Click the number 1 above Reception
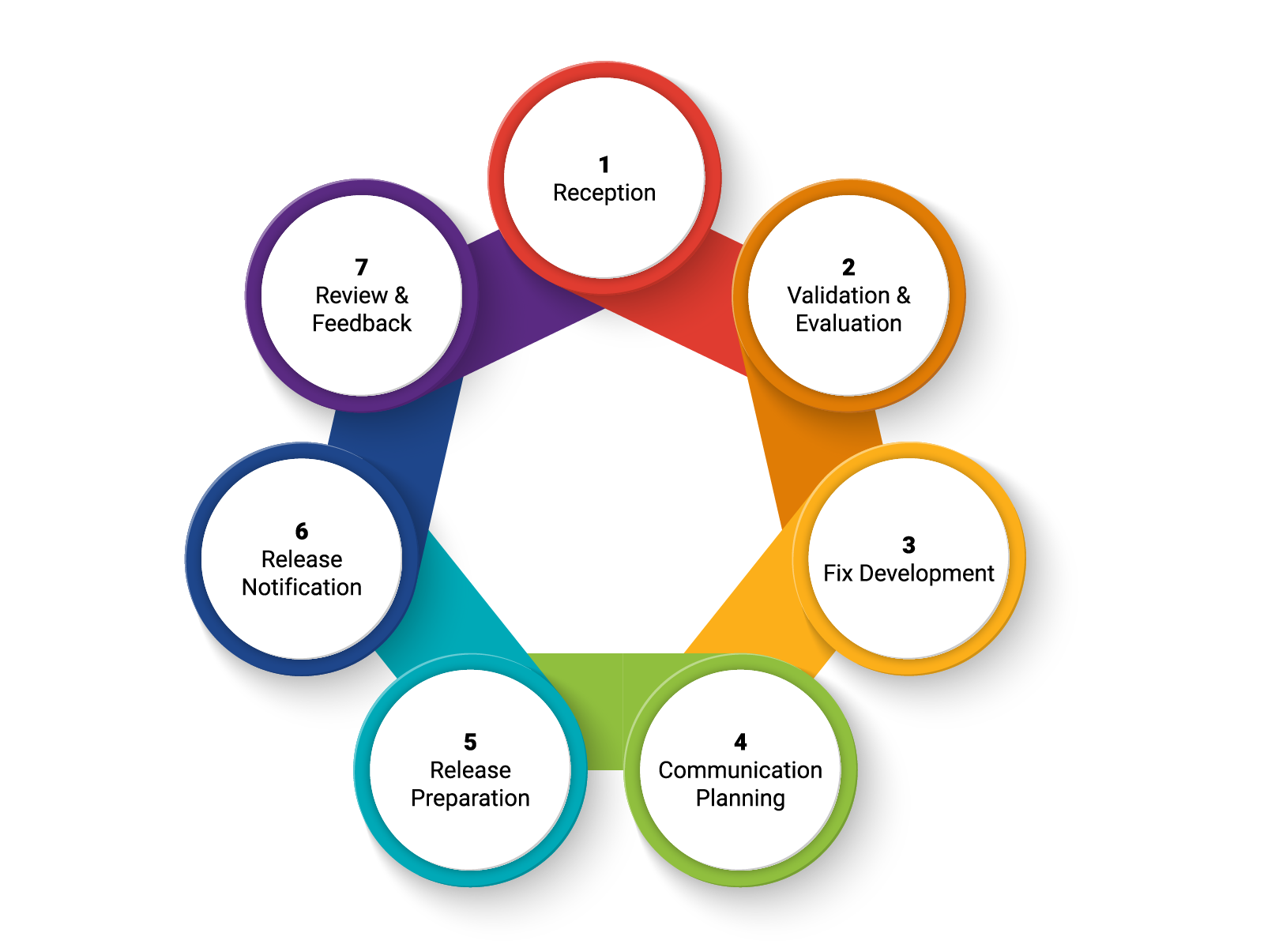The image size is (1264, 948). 604,165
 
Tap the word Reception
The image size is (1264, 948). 604,193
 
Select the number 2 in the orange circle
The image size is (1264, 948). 848,268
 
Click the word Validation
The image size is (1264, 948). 838,295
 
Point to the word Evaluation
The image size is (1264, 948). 848,323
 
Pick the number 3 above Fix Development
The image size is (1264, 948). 908,545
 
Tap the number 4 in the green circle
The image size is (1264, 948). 740,743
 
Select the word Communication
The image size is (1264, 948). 740,770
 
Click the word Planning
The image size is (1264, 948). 740,799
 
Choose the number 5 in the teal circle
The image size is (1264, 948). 470,743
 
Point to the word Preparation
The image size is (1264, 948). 470,799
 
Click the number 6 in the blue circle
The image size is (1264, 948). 302,532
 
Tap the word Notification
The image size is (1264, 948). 302,588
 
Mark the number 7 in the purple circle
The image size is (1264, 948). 362,268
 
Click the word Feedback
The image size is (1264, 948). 362,323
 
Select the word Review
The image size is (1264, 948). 351,295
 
